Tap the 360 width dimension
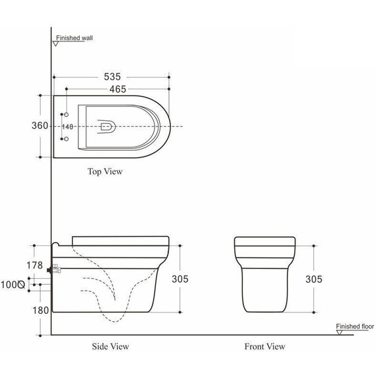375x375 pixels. pos(40,126)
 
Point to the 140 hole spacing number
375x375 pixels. pos(67,126)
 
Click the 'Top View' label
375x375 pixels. pos(105,172)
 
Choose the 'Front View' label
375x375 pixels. pos(264,346)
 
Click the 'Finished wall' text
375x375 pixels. pos(74,38)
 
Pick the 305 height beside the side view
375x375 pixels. pos(180,279)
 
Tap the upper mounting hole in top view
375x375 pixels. pos(65,114)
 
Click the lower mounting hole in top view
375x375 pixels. pos(65,139)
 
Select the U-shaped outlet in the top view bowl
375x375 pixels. pos(106,126)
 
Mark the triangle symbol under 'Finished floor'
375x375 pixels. pos(338,332)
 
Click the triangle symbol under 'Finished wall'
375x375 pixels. pos(56,44)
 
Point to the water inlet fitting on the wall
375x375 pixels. pos(54,269)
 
